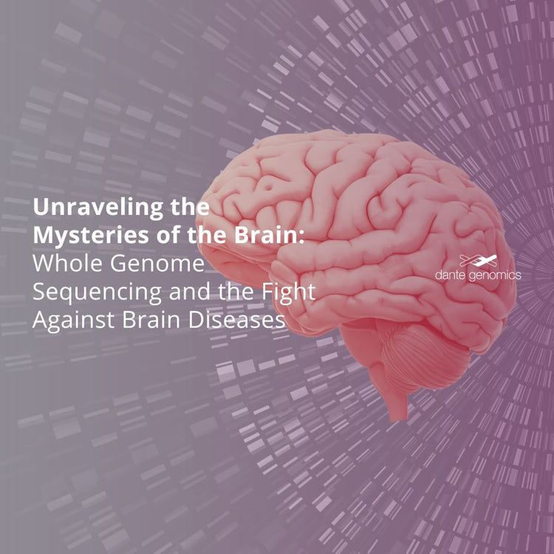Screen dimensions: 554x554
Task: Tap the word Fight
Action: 293,293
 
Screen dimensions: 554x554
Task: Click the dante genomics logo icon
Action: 477,260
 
